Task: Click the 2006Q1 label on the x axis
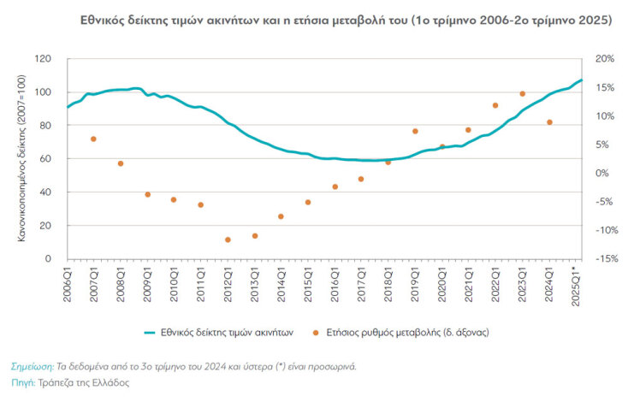68,281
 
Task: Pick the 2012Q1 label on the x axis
228,281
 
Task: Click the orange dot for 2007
93,139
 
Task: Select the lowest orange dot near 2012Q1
228,239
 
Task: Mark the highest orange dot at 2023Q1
522,93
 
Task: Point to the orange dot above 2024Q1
549,122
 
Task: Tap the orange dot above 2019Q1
415,131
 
